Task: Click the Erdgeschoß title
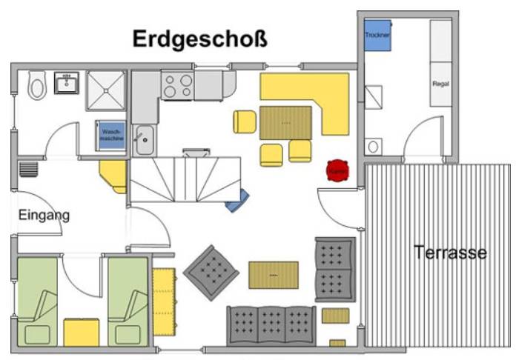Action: (x=199, y=39)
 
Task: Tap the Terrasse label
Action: (x=450, y=253)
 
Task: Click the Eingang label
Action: (x=44, y=216)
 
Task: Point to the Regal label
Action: (x=440, y=84)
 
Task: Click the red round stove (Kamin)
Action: (x=338, y=170)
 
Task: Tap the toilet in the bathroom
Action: (x=36, y=87)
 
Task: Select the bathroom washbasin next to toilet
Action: (x=66, y=82)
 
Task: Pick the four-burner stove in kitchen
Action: (x=177, y=86)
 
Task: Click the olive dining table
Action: (x=285, y=121)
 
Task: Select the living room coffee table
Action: (x=273, y=274)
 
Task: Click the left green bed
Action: (x=37, y=300)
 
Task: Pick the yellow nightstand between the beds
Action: (x=82, y=332)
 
